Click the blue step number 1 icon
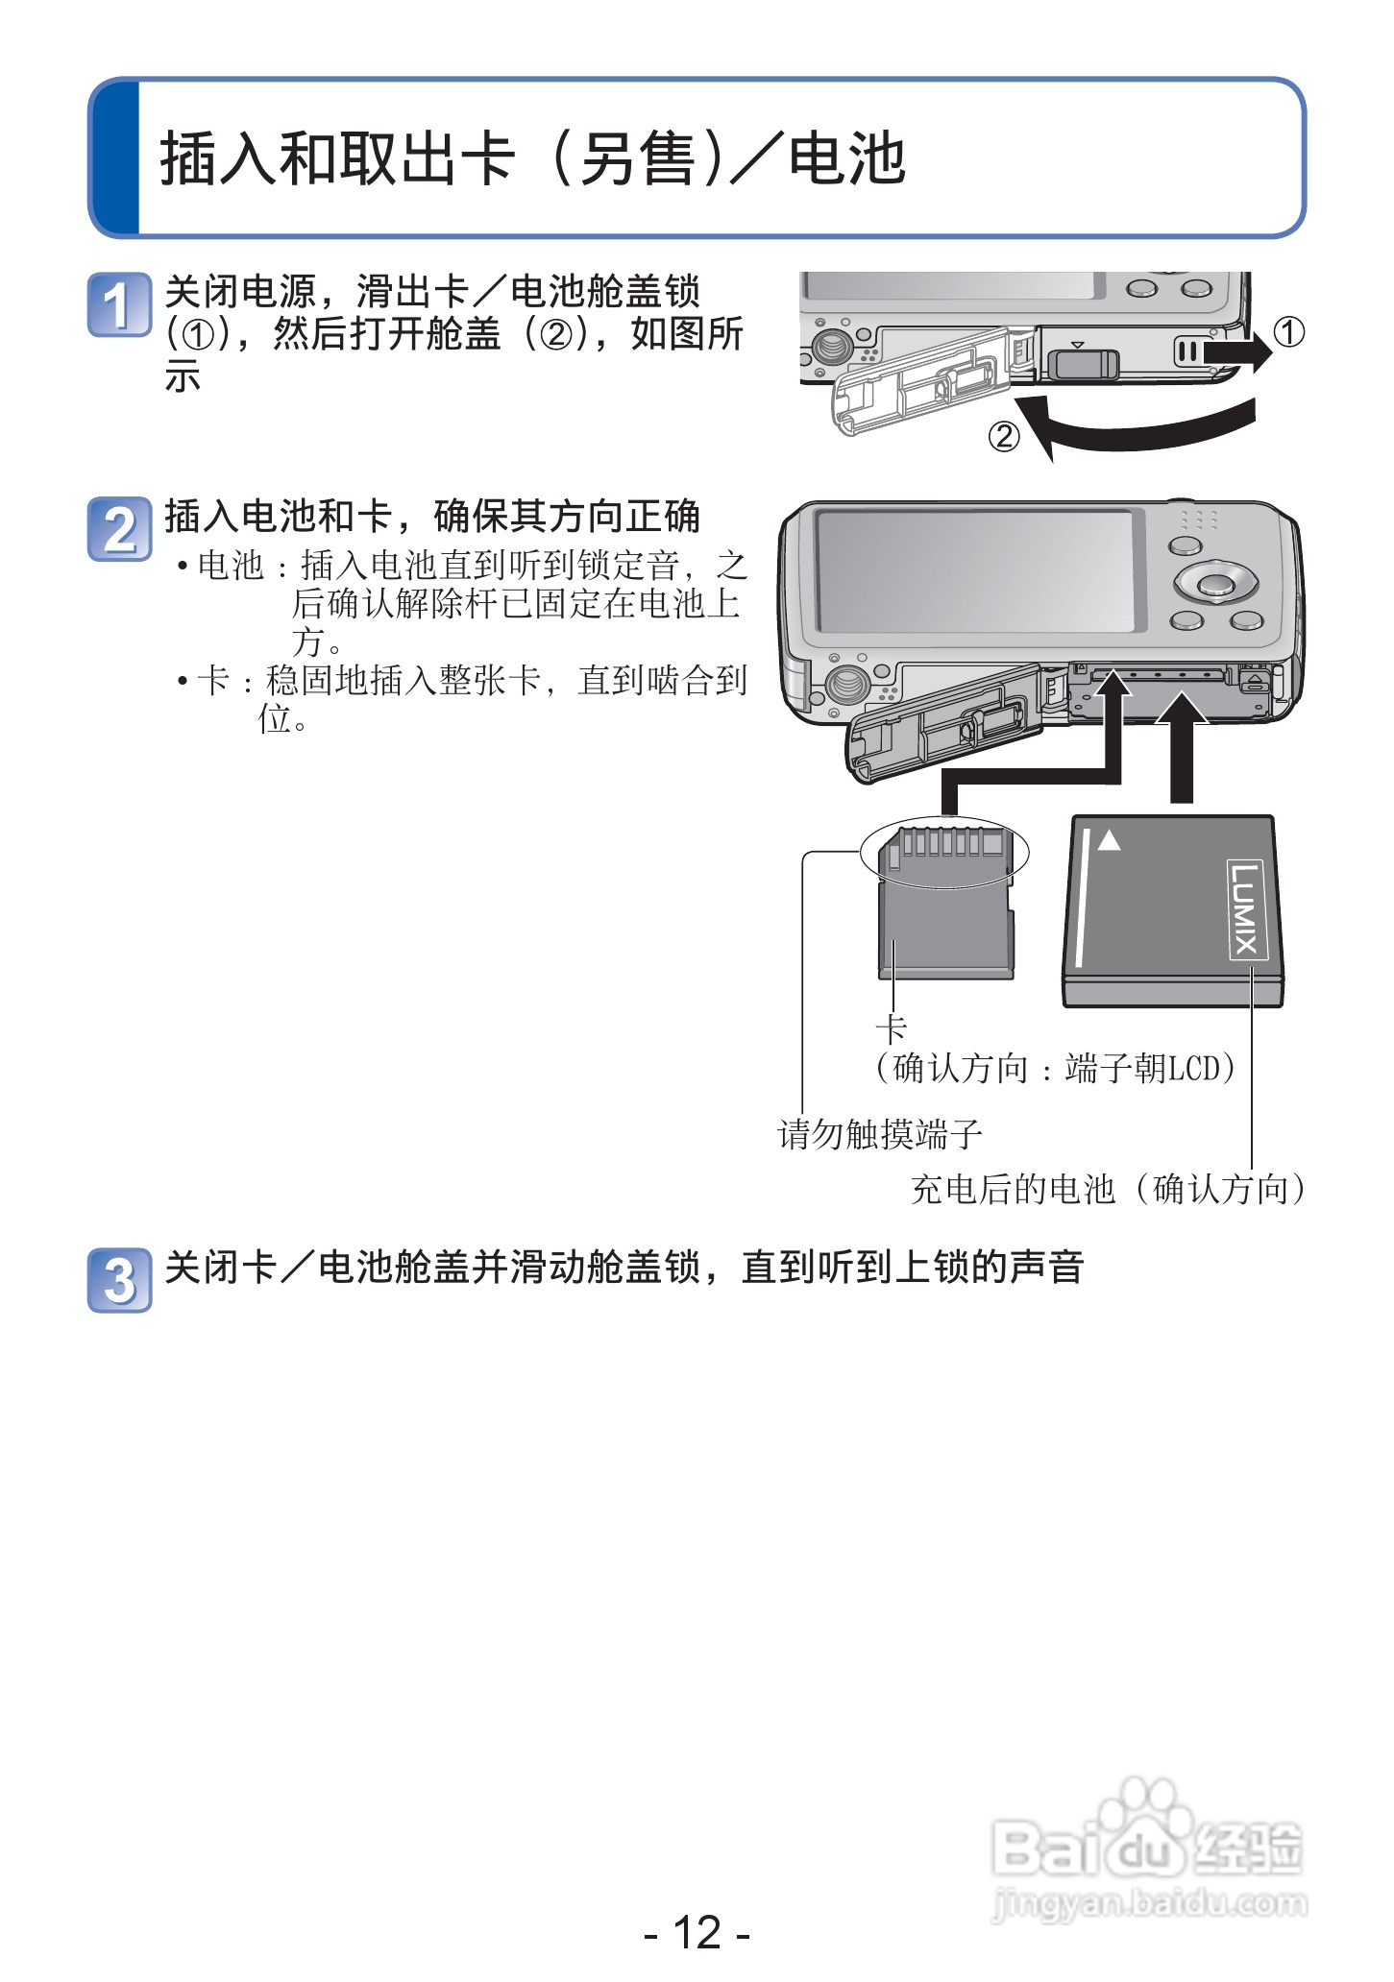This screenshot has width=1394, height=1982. coord(119,305)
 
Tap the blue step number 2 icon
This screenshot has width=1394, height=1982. coord(119,528)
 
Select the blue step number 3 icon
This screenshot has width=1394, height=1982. coord(119,1280)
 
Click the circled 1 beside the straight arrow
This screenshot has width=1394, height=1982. coord(1289,332)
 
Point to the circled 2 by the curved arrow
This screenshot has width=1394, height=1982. coord(1003,438)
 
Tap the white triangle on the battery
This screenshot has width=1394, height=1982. coord(1109,840)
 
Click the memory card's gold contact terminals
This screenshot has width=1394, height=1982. coord(945,844)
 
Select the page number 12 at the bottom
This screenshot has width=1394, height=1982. coord(697,1932)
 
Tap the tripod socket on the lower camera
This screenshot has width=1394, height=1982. coord(845,684)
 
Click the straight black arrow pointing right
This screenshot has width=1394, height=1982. coord(1237,353)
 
